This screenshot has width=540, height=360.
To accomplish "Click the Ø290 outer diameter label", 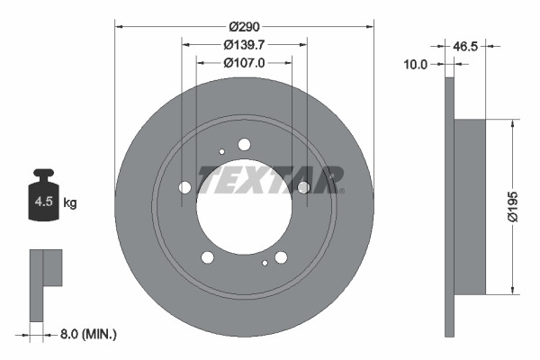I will coord(244,27).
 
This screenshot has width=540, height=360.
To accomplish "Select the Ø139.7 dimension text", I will coord(244,45).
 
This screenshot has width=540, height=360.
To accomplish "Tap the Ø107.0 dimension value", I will coord(244,64).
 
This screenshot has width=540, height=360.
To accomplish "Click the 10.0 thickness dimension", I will coord(417,64).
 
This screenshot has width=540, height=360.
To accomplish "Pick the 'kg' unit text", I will coord(70,203).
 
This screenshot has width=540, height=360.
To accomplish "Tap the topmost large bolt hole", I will coord(244,144).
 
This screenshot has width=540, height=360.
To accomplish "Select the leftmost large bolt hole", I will coord(185,187).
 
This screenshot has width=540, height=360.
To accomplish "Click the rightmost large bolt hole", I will coord(303,187).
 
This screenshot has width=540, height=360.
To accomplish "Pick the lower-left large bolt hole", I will coord(208,257).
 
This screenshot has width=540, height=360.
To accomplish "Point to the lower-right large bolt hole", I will coord(281,257).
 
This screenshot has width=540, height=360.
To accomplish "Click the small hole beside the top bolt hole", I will coord(222,152).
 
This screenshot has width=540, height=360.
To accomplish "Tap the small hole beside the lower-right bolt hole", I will coord(265,264).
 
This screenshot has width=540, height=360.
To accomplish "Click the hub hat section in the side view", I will coord(468,206).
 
